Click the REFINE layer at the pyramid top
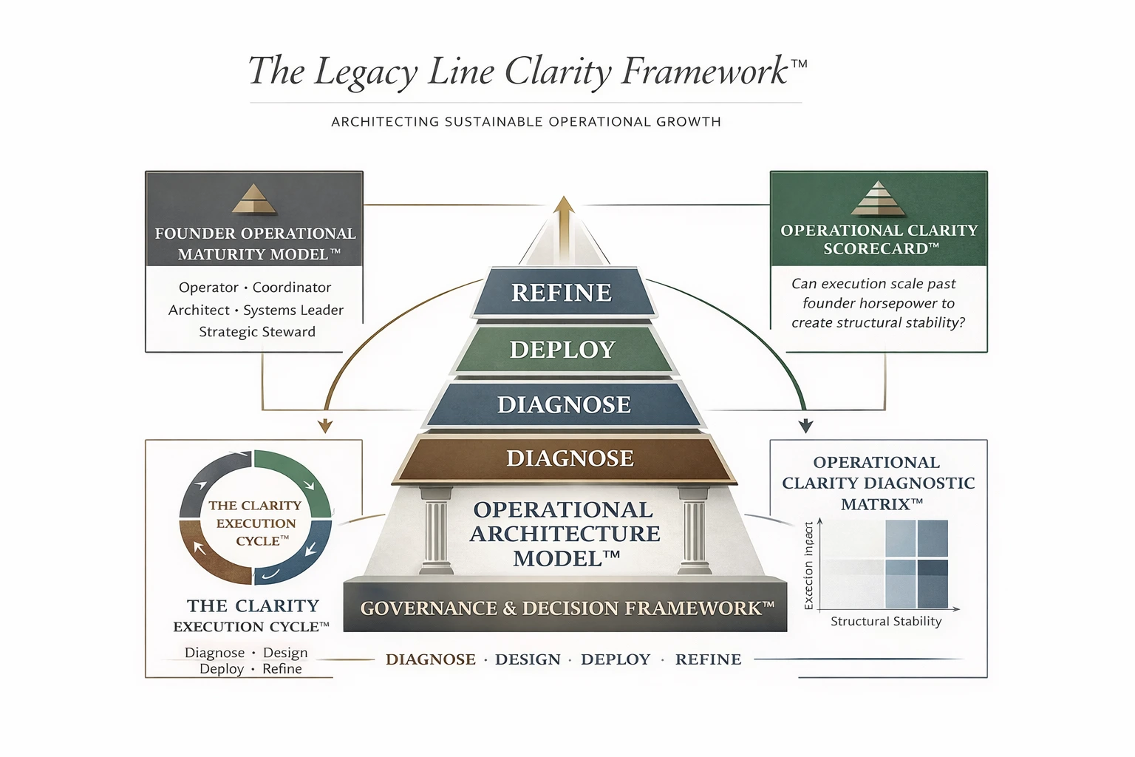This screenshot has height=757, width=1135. [562, 293]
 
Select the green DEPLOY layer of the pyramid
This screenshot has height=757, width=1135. [562, 349]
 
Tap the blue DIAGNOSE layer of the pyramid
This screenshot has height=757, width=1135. [564, 404]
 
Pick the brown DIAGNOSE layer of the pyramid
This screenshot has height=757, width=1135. [570, 458]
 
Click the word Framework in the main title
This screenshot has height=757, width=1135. [704, 72]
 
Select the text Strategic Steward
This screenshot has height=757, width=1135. [257, 332]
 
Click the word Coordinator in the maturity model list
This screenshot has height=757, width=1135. [292, 288]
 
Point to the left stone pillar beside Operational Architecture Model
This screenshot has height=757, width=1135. [436, 531]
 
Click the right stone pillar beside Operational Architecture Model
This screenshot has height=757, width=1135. [695, 531]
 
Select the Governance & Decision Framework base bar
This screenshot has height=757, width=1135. [565, 608]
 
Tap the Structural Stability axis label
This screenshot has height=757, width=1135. [886, 622]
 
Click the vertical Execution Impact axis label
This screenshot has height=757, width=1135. [808, 566]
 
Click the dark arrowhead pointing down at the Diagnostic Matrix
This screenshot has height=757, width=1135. [806, 426]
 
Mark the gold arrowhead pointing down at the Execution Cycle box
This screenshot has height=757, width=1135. [325, 426]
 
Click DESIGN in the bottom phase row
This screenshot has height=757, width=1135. [528, 659]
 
